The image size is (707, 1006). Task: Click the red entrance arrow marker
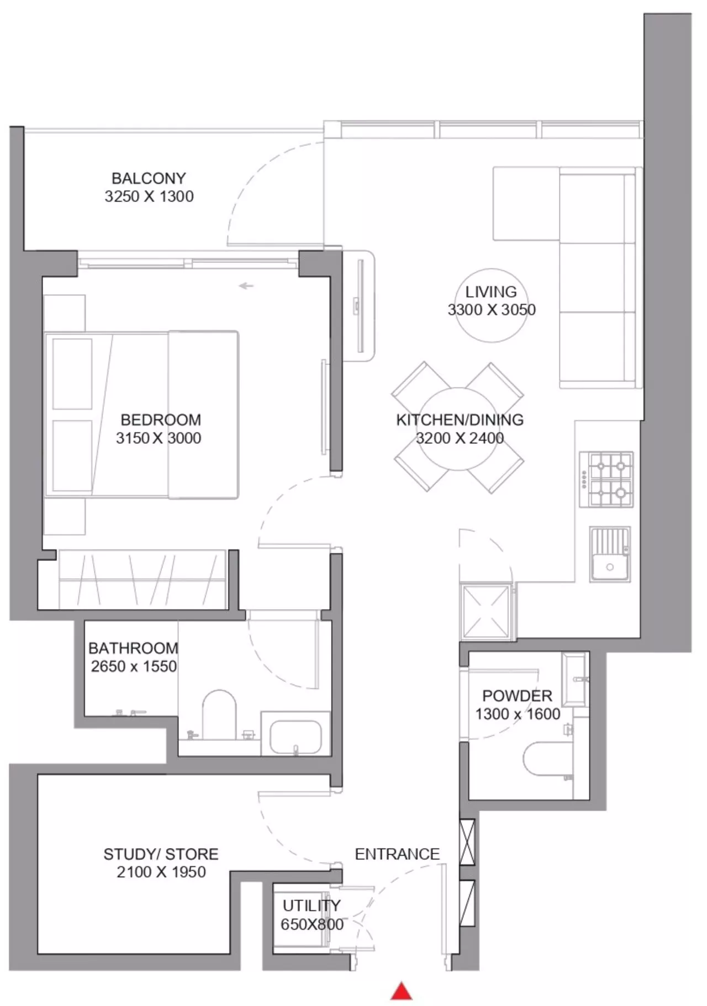[402, 991]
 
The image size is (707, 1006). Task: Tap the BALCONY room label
[149, 178]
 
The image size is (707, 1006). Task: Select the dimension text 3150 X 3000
[159, 438]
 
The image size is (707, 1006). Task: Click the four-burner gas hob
[606, 480]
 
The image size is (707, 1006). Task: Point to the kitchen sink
[610, 554]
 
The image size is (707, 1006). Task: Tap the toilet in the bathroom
[219, 714]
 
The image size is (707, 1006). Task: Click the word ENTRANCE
[397, 854]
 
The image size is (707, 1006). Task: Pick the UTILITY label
[312, 906]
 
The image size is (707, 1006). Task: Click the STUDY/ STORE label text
[161, 854]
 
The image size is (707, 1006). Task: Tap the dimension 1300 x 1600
[518, 714]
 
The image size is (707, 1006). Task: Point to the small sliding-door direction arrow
[246, 286]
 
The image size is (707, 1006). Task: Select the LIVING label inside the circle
[491, 292]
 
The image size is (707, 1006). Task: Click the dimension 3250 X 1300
[149, 197]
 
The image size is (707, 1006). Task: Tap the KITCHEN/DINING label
[460, 420]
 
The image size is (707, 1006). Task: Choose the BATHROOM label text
[133, 648]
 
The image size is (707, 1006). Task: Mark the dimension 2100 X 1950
[161, 872]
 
